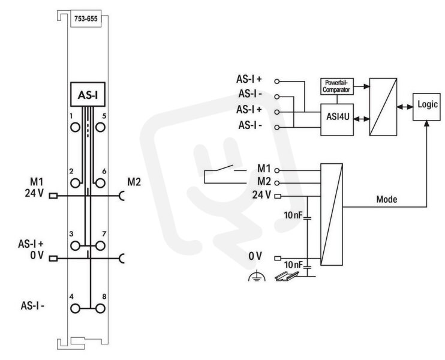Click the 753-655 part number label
click(x=86, y=19)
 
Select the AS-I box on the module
click(x=88, y=95)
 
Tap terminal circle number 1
click(x=75, y=127)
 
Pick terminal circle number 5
click(x=100, y=127)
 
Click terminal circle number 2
click(x=75, y=183)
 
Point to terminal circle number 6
click(x=100, y=183)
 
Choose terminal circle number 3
click(x=75, y=245)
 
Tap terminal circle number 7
click(x=100, y=245)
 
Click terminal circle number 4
click(x=75, y=308)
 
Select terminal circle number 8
click(x=100, y=308)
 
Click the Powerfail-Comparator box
click(x=337, y=86)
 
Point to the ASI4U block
click(x=337, y=119)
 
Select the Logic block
click(x=427, y=107)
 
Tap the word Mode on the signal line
click(x=387, y=199)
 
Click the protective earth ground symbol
click(x=257, y=276)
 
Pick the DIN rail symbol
click(x=287, y=277)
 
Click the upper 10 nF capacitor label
click(x=293, y=215)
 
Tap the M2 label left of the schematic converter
click(x=264, y=181)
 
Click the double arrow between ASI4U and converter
click(x=361, y=119)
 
